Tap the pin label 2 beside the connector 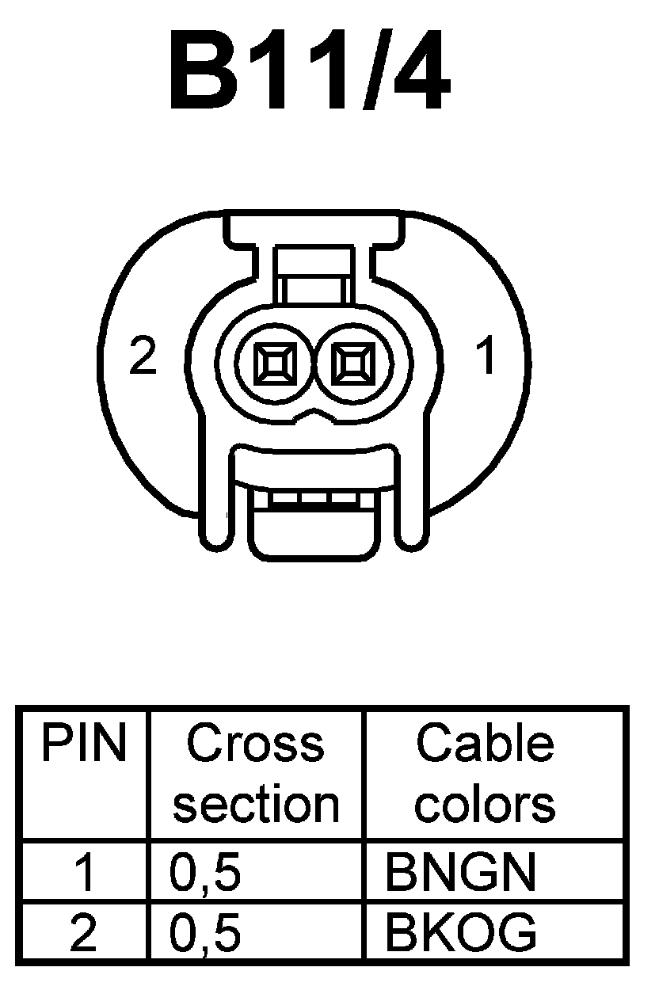[x=143, y=359]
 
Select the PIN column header [x=84, y=744]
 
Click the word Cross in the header [x=255, y=744]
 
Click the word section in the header [x=255, y=804]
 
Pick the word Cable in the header [x=485, y=744]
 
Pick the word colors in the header [x=485, y=804]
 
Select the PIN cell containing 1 [x=83, y=872]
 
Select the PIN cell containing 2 [x=83, y=932]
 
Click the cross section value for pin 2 [x=204, y=934]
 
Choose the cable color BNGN [x=460, y=872]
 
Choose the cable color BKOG [x=460, y=932]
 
